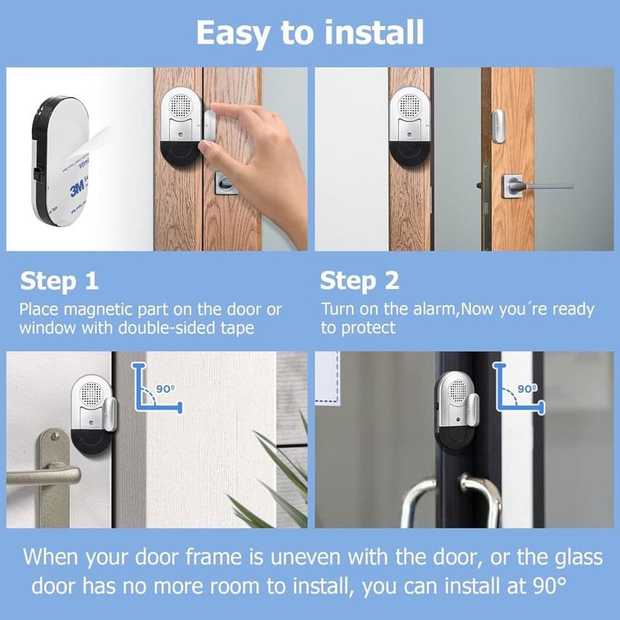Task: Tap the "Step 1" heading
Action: pos(59,281)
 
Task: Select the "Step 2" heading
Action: pos(360,281)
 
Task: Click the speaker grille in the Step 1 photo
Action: pos(180,105)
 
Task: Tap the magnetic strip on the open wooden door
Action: pos(498,126)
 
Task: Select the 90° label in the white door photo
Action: pos(165,389)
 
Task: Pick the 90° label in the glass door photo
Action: pos(527,389)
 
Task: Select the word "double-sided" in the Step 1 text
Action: pos(167,327)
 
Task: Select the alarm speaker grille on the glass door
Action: pos(458,391)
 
